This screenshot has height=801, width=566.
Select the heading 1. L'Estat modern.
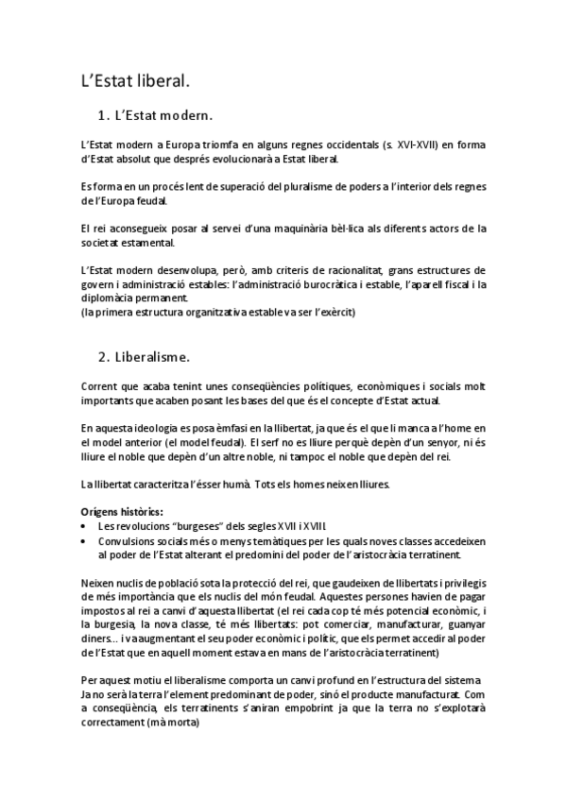point(155,116)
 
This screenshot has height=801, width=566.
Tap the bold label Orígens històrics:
point(118,511)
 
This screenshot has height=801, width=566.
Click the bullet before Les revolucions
point(85,525)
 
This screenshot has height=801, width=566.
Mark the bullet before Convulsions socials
point(85,541)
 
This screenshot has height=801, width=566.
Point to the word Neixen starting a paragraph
point(99,584)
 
